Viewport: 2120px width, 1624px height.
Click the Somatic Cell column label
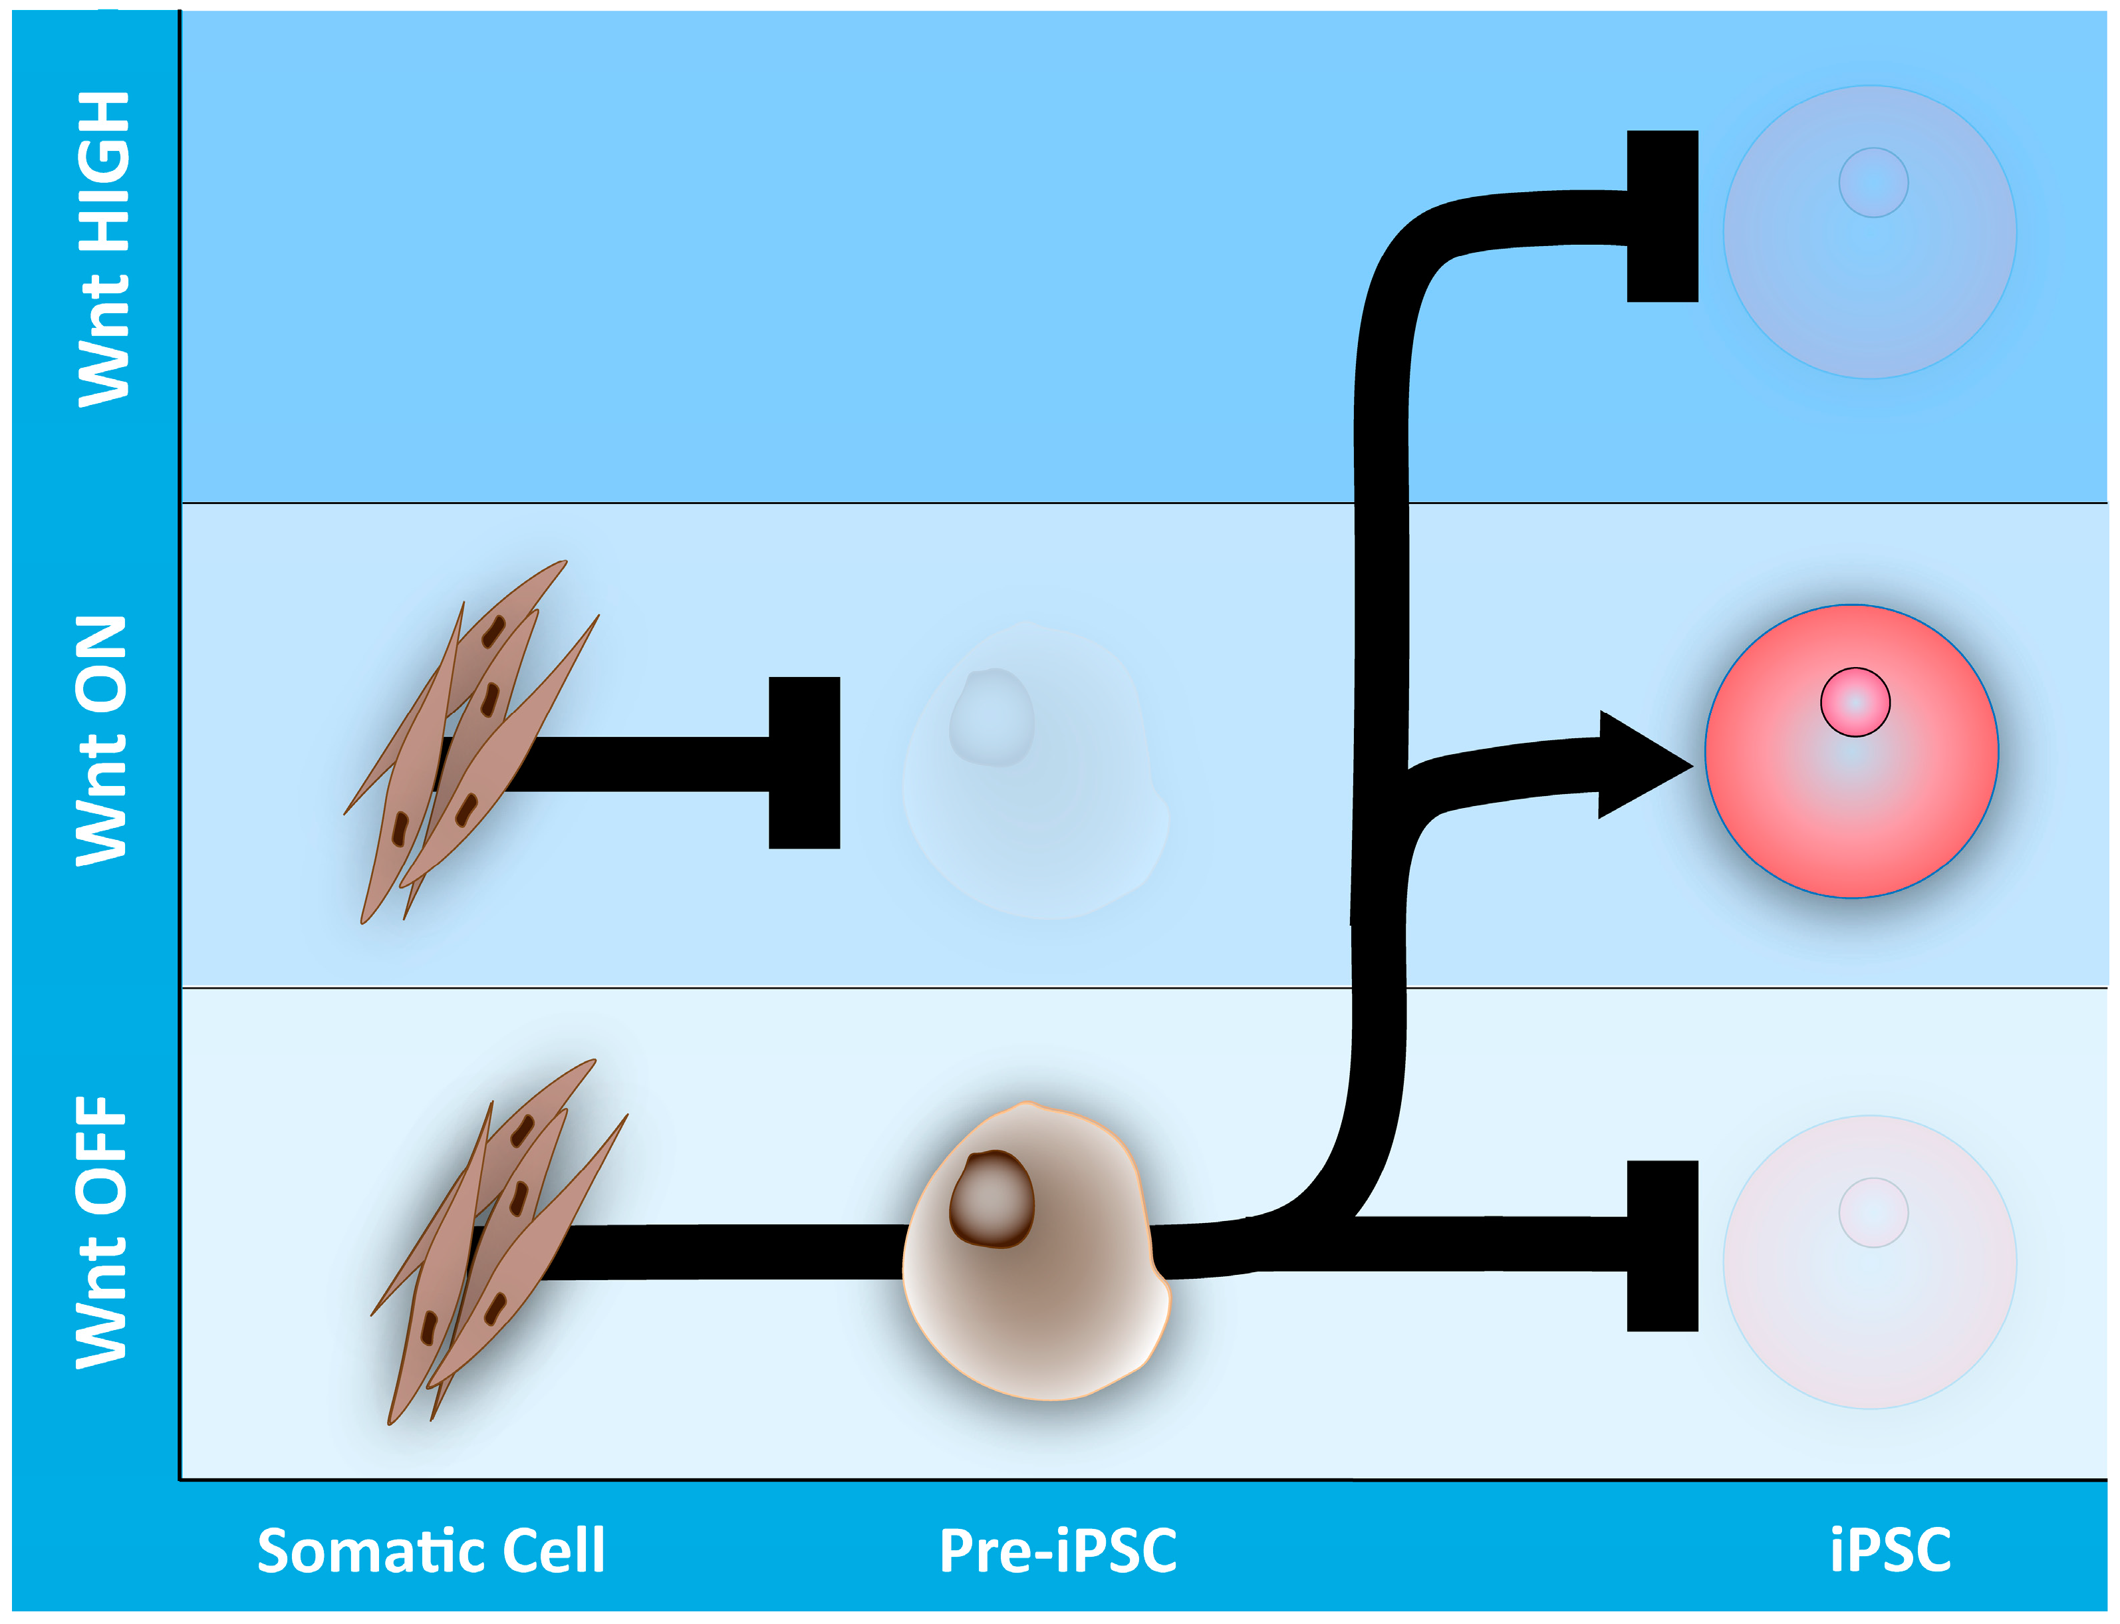click(431, 1551)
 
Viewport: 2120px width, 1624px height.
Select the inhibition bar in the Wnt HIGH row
click(1662, 217)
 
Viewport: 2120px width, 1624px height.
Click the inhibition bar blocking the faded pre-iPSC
click(803, 763)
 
